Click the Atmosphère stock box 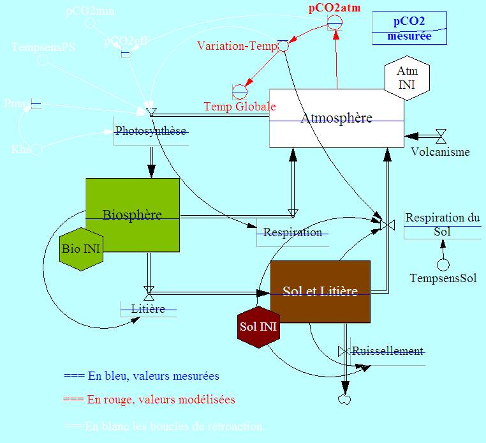pyautogui.click(x=336, y=118)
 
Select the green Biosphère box pyautogui.click(x=133, y=214)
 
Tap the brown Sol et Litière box pyautogui.click(x=320, y=291)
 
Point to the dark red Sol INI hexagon pyautogui.click(x=258, y=326)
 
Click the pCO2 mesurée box pyautogui.click(x=409, y=28)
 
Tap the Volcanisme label pyautogui.click(x=440, y=152)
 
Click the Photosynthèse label pyautogui.click(x=151, y=131)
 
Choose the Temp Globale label pyautogui.click(x=240, y=107)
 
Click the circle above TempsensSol pyautogui.click(x=443, y=264)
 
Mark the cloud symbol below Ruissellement pyautogui.click(x=345, y=399)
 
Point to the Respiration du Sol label pyautogui.click(x=443, y=224)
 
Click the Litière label pyautogui.click(x=149, y=309)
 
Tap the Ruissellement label pyautogui.click(x=388, y=351)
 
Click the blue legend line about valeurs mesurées pyautogui.click(x=142, y=376)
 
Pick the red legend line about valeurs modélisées pyautogui.click(x=150, y=400)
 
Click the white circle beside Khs pyautogui.click(x=37, y=149)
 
